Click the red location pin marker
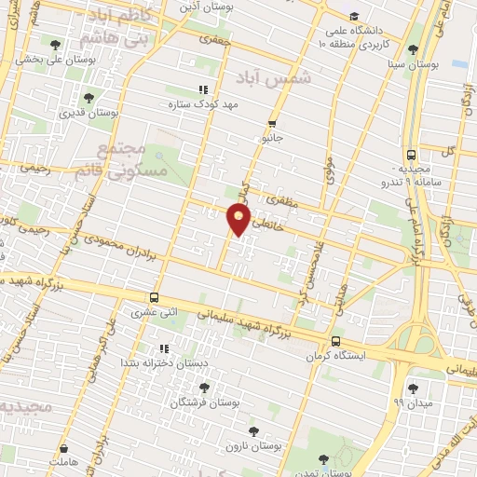click(238, 219)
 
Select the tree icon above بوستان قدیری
click(89, 96)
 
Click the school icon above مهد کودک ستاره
click(202, 90)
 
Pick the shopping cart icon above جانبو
click(272, 123)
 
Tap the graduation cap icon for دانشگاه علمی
click(353, 16)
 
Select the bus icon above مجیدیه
click(411, 156)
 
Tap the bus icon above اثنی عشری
click(152, 298)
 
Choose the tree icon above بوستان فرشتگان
click(204, 387)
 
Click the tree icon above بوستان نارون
click(253, 431)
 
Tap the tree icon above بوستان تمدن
click(322, 458)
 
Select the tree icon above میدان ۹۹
click(412, 387)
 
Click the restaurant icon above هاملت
click(64, 448)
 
